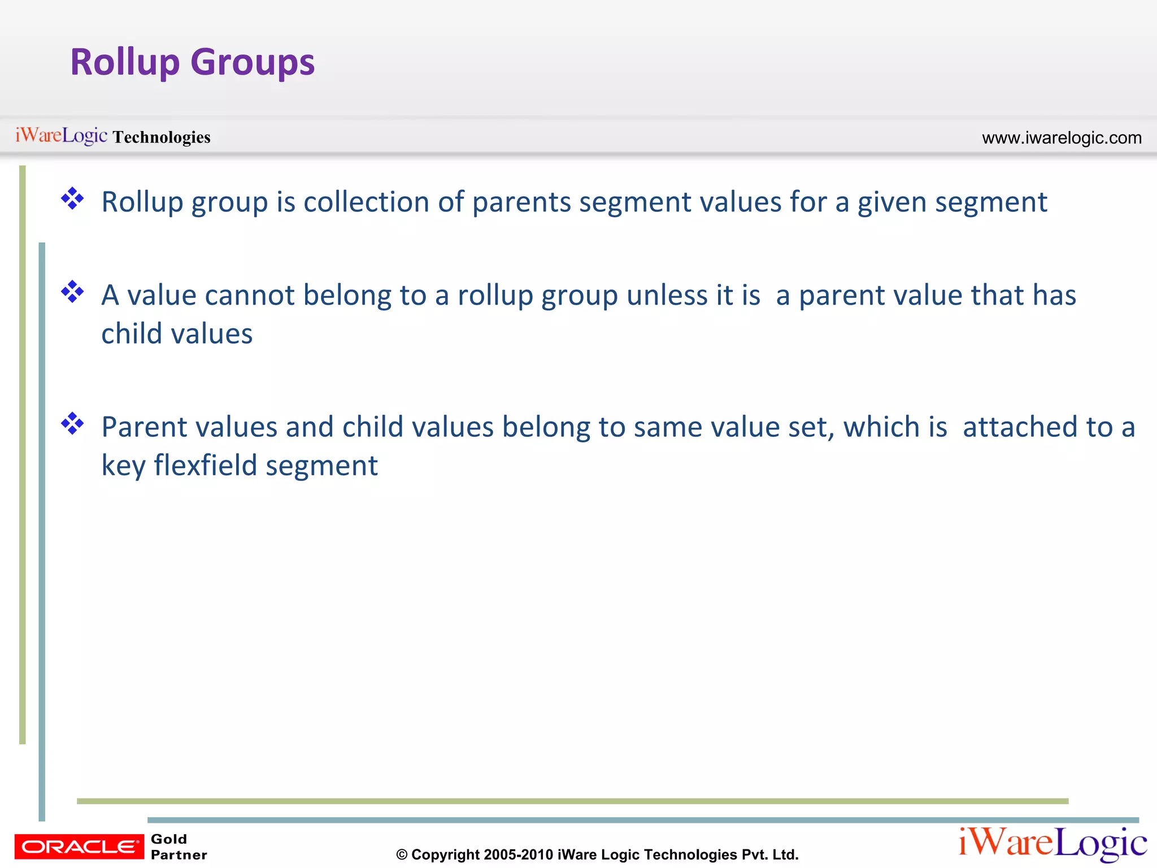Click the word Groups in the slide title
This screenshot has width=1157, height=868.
click(x=253, y=62)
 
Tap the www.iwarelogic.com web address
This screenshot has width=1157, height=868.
click(x=1062, y=138)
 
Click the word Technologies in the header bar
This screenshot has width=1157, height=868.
click(x=162, y=137)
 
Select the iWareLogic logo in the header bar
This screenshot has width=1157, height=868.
click(x=61, y=136)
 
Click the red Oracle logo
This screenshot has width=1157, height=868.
click(x=79, y=847)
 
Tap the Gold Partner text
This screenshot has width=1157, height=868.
click(x=179, y=847)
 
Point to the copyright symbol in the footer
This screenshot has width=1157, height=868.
click(x=402, y=855)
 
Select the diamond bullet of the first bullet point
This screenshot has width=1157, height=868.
click(x=73, y=199)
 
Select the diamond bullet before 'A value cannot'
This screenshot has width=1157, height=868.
click(x=73, y=292)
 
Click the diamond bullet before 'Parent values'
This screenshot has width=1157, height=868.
click(x=73, y=424)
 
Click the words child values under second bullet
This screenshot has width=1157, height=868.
click(x=177, y=333)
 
